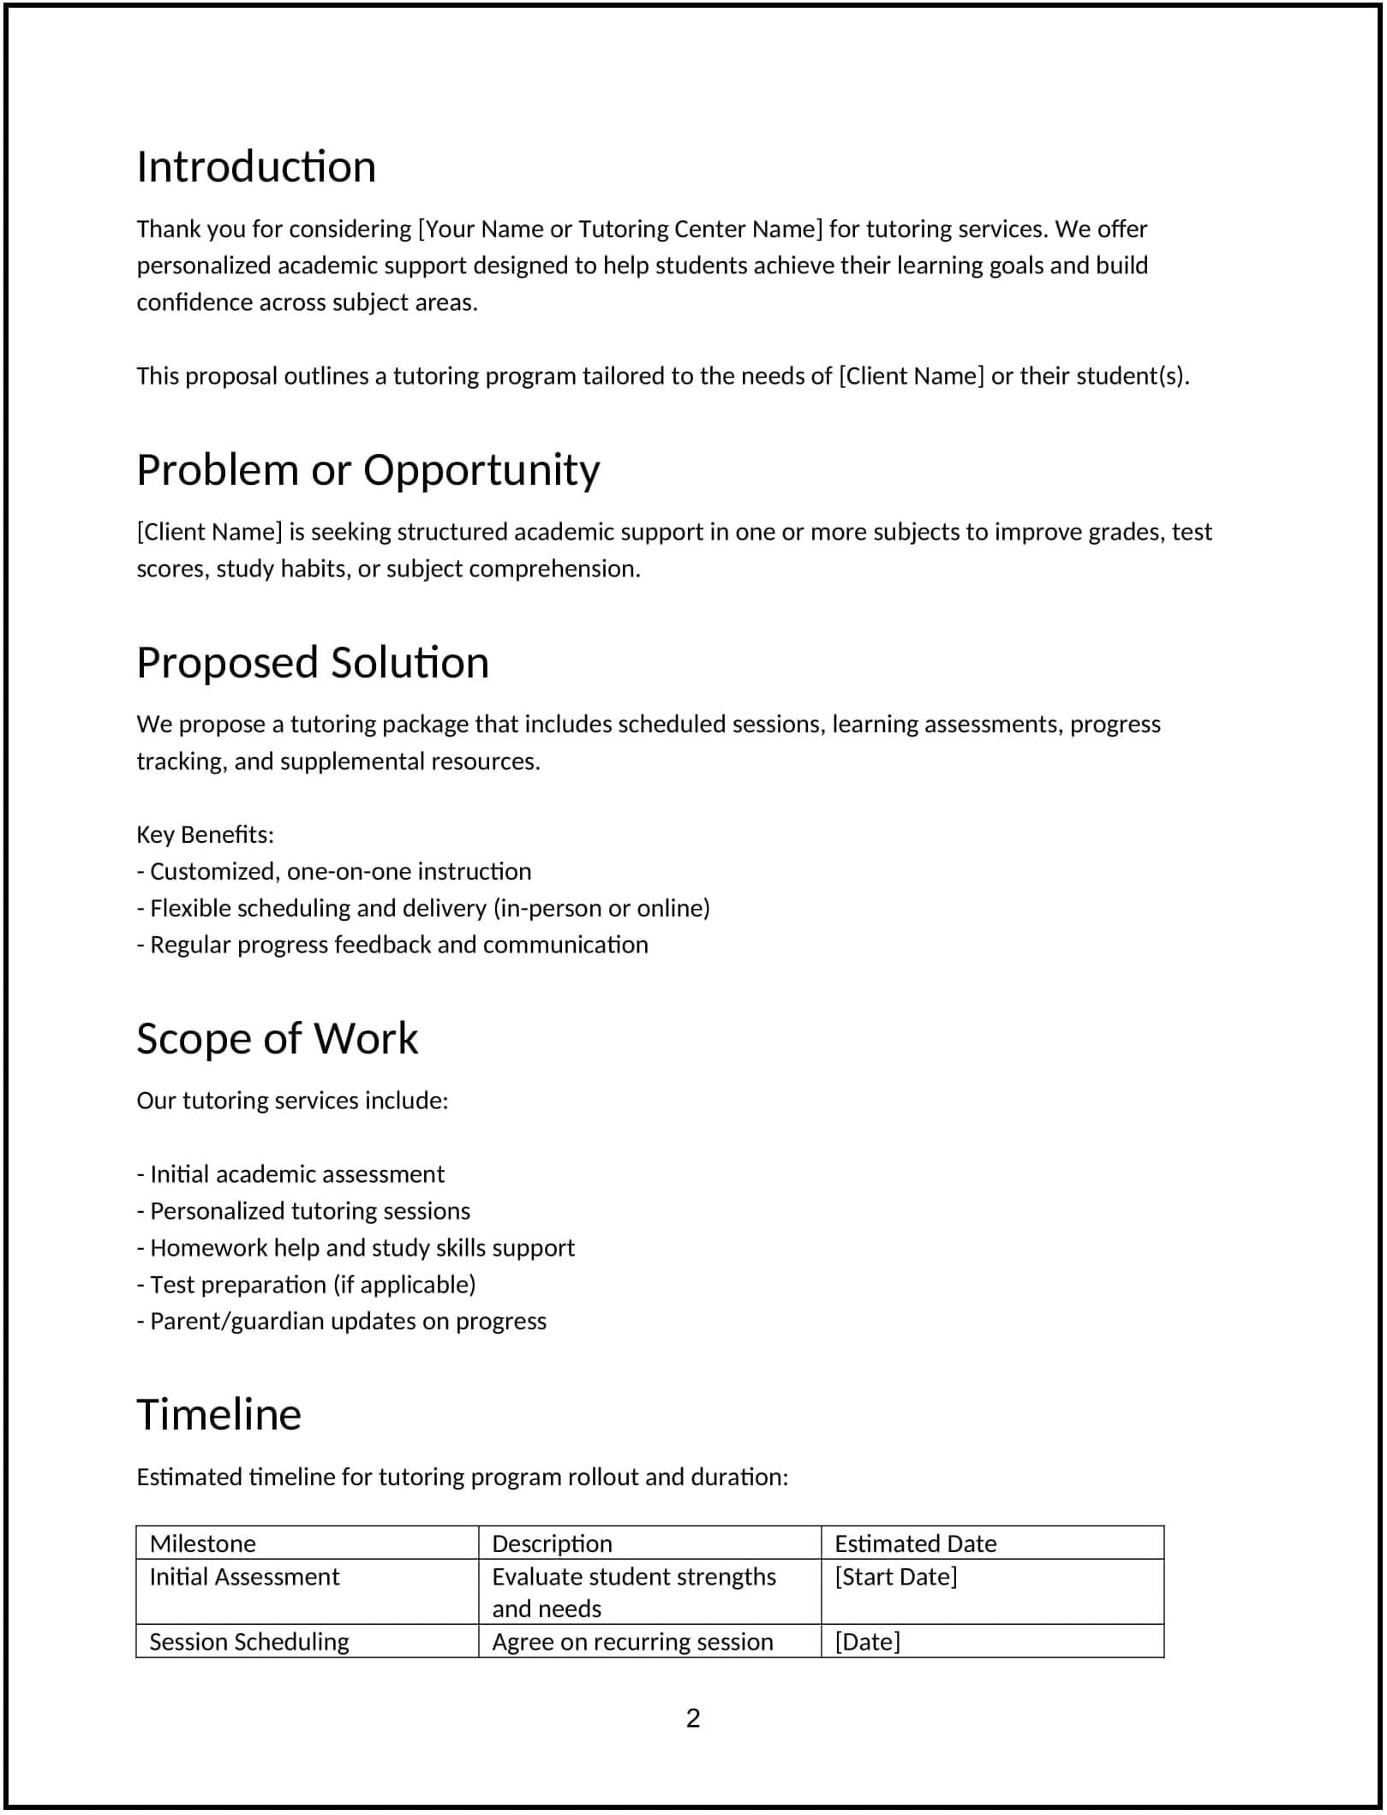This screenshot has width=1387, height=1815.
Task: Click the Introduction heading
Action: coord(256,166)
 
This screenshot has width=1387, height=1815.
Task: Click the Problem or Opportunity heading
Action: coord(368,469)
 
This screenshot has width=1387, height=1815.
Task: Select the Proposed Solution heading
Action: coord(313,662)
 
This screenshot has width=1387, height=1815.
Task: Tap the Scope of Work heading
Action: coord(277,1038)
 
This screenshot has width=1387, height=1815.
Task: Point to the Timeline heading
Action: coord(218,1414)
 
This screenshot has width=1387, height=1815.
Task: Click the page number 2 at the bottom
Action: coord(693,1718)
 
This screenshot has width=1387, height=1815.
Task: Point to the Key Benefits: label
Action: coord(206,834)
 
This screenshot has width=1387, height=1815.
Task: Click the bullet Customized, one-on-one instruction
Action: coord(334,871)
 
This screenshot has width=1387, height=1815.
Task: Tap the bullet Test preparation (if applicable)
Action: coord(306,1285)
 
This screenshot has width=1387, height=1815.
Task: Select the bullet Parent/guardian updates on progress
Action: coord(341,1322)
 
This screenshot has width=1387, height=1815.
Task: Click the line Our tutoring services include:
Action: coord(292,1101)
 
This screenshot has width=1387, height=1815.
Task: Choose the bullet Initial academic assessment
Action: coord(290,1174)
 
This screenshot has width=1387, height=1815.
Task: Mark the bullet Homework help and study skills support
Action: coord(356,1248)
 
